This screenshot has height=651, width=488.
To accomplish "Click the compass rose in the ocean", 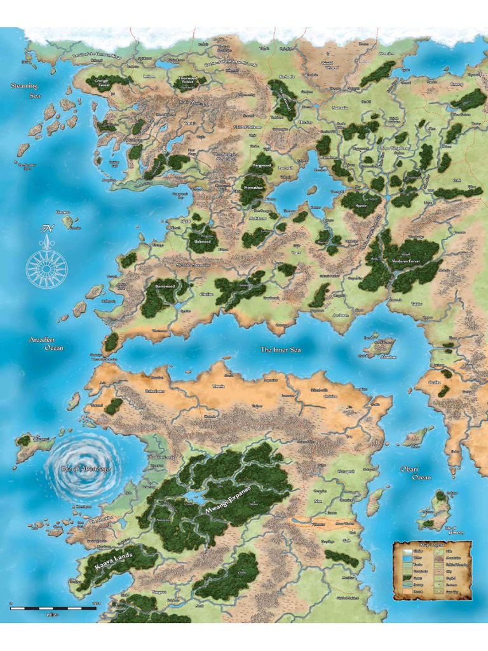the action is [46, 265].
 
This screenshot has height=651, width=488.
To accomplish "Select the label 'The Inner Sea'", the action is [280, 350].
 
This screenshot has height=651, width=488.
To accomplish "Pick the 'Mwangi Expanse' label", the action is [226, 499].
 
